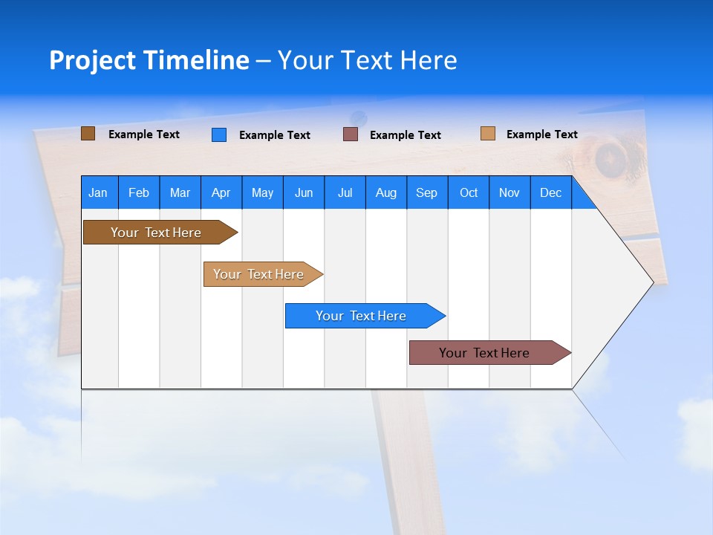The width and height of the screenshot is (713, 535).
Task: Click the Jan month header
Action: tap(99, 192)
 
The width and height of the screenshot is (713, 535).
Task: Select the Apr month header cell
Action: tap(221, 192)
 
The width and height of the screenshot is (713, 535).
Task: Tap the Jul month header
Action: tap(345, 192)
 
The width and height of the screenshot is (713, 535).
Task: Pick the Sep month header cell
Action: tap(427, 192)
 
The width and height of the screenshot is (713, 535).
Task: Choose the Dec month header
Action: tap(550, 192)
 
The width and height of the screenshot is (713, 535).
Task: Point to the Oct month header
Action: tap(469, 192)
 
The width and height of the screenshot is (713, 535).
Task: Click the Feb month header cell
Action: tap(139, 192)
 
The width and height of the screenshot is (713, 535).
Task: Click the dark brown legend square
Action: tap(88, 134)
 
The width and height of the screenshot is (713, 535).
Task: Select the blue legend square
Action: tap(219, 134)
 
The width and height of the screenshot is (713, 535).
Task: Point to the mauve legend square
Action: tap(351, 134)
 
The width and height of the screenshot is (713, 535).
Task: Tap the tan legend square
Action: tap(487, 134)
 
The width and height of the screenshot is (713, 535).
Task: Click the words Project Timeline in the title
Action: tap(149, 60)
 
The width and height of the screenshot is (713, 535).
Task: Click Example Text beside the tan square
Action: tap(541, 134)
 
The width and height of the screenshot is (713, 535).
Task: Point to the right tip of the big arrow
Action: tap(652, 282)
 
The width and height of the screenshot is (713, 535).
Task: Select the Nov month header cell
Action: tap(509, 192)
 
